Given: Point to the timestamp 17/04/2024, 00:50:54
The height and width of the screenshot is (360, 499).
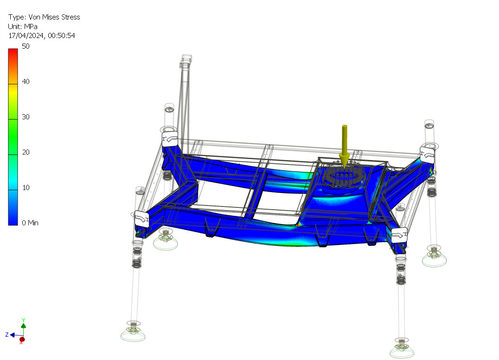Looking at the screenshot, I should [x=42, y=35].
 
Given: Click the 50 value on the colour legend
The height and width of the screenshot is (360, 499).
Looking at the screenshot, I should [x=26, y=46].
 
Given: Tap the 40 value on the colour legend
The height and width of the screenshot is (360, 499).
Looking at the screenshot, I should [x=26, y=82].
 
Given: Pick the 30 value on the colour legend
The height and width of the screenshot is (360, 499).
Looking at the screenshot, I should [x=26, y=117].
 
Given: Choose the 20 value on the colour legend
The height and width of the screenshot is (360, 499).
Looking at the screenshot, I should [x=26, y=152].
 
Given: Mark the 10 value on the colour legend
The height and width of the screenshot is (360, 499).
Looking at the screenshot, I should [x=26, y=187].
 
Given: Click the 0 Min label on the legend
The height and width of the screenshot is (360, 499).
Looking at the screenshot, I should [x=30, y=223].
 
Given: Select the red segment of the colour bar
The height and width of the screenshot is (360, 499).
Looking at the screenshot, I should [x=13, y=58].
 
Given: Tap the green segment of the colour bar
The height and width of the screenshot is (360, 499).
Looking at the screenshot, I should [x=13, y=135].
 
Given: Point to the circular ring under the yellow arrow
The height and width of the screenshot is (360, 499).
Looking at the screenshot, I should [x=344, y=176].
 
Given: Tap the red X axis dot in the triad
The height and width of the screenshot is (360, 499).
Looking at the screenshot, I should [x=22, y=340].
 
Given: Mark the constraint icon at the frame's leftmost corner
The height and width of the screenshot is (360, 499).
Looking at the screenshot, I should [x=141, y=218].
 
